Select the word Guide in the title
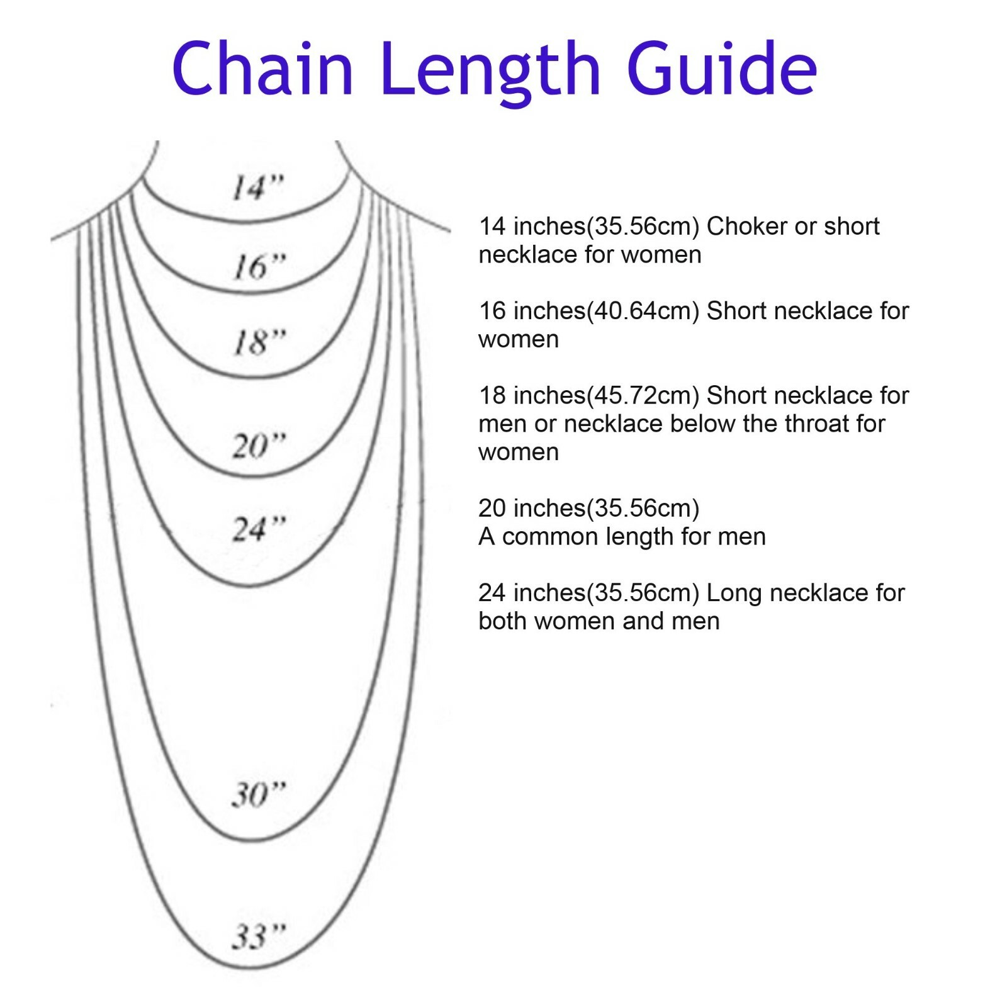[x=722, y=68]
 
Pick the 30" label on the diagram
[x=259, y=794]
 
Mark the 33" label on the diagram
[x=259, y=937]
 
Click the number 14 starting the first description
[x=492, y=227]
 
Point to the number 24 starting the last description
[x=492, y=593]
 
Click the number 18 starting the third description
[x=492, y=396]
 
